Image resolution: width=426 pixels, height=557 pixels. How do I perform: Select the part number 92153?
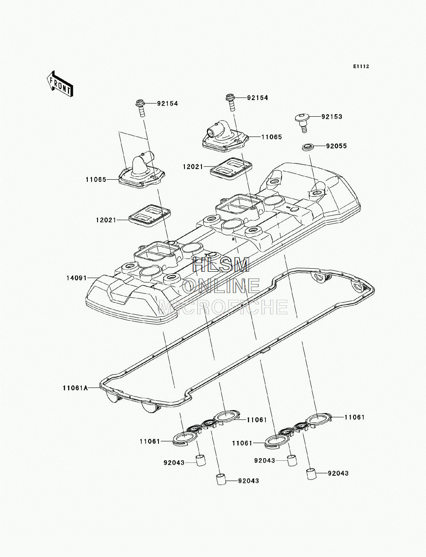tap(332, 117)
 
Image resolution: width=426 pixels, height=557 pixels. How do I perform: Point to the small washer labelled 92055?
tap(308, 146)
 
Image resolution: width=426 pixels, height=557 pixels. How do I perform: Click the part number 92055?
tap(337, 146)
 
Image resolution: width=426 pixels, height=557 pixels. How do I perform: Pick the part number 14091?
tap(77, 278)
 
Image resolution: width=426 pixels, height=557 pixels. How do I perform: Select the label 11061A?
tap(75, 395)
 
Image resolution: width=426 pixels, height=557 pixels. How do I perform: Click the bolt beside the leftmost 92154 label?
tap(141, 108)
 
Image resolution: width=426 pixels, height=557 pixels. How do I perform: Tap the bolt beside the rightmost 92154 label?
tap(231, 102)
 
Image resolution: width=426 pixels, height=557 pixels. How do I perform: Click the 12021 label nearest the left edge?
tap(106, 220)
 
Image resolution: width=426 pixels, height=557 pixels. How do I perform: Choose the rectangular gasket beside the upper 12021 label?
tap(231, 169)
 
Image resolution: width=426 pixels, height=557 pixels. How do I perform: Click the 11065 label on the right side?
tap(272, 137)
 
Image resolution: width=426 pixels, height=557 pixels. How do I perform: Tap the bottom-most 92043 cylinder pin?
tap(221, 479)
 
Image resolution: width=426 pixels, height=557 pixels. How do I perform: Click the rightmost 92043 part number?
tap(338, 473)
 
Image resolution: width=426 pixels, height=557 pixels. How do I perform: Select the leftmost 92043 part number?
tap(174, 463)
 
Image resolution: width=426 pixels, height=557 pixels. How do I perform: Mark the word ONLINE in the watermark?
tap(221, 286)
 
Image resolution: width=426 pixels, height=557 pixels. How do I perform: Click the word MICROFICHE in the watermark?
tap(223, 307)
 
